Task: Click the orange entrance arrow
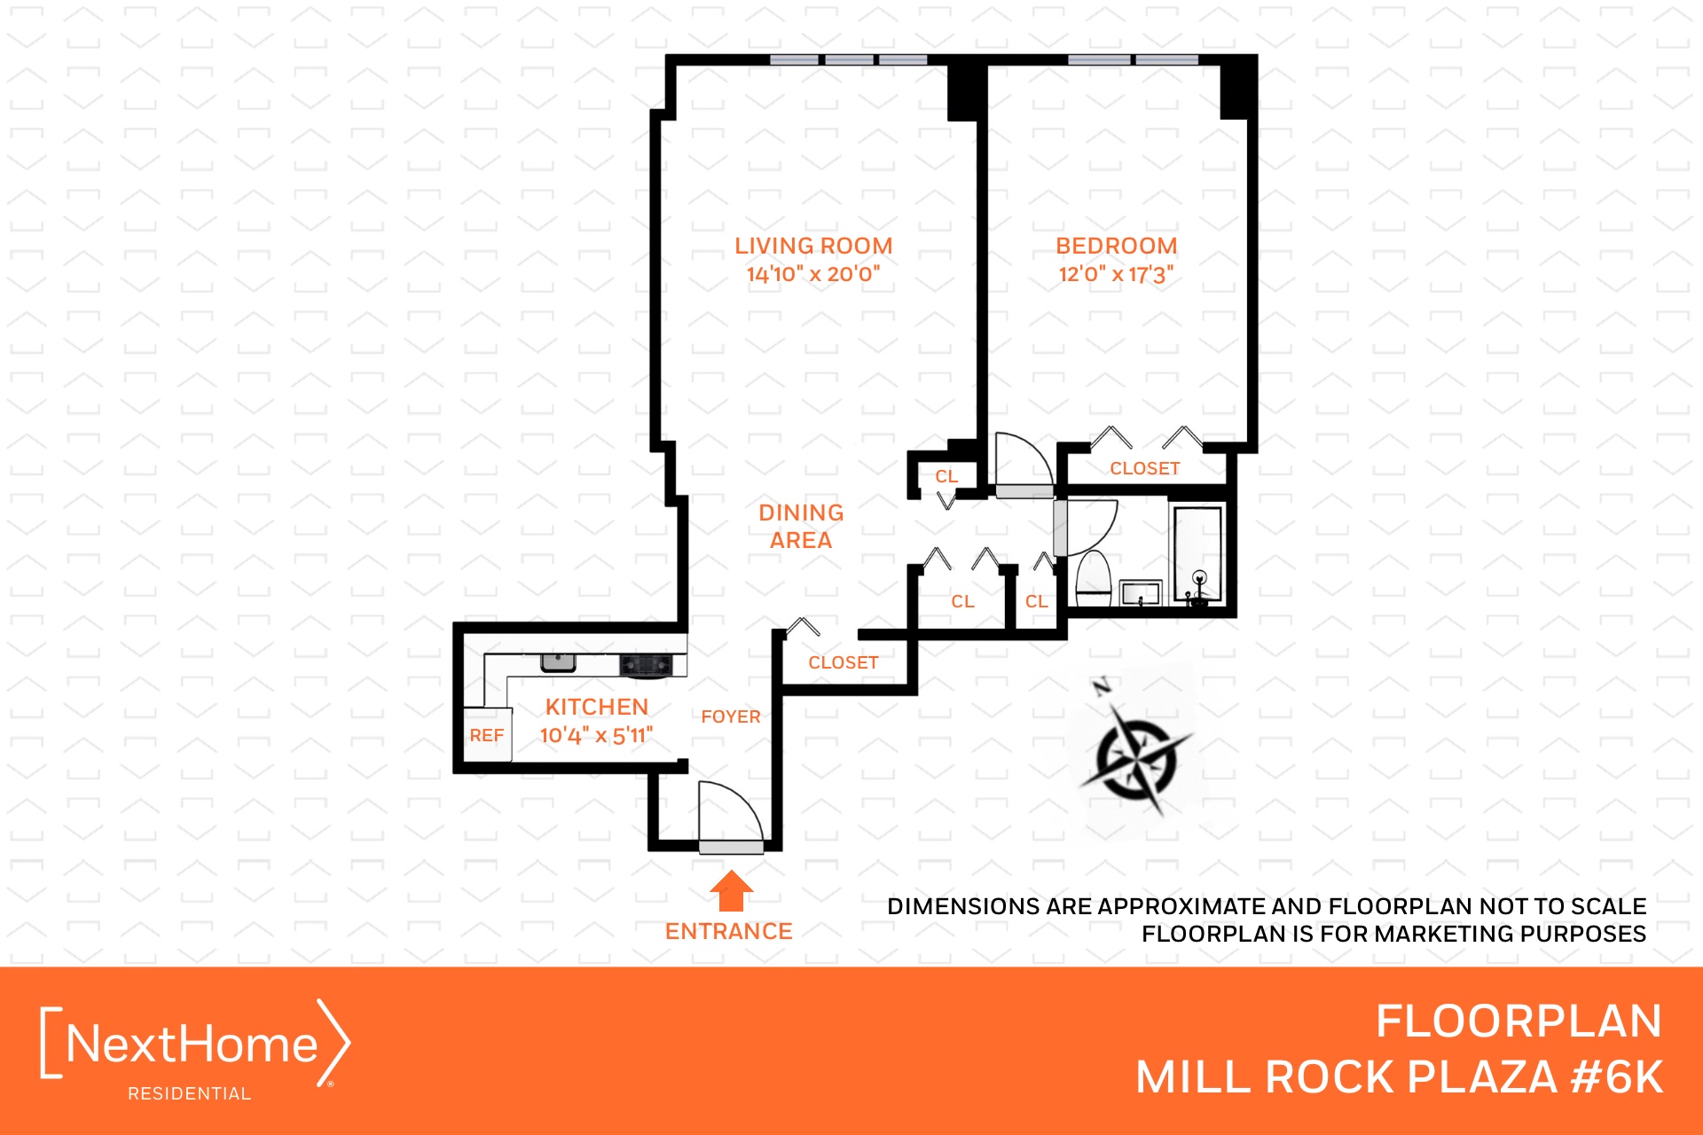click(x=731, y=890)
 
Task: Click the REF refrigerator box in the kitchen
click(x=487, y=734)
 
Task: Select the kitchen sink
click(x=558, y=662)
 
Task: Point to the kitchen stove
click(x=646, y=665)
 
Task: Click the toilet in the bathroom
click(x=1094, y=580)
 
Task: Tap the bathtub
click(x=1197, y=554)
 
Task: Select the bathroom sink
click(x=1141, y=592)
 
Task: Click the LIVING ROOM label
click(x=813, y=246)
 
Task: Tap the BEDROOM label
click(x=1117, y=246)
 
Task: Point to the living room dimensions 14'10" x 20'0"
click(x=813, y=274)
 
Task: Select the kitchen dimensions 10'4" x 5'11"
click(x=596, y=735)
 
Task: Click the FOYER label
click(x=731, y=716)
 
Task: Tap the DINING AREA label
click(x=801, y=526)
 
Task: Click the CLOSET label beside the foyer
click(x=844, y=662)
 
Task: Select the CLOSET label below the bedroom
click(x=1145, y=468)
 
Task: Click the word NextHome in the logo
click(x=192, y=1044)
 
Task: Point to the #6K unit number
click(x=1616, y=1076)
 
